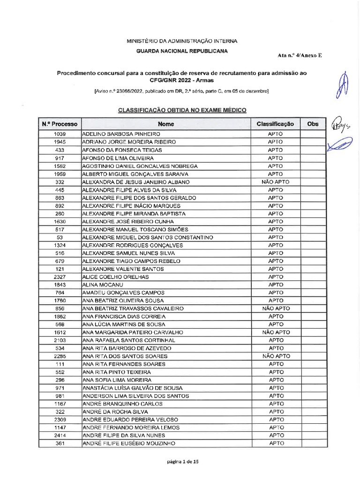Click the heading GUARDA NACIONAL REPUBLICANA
(x=182, y=51)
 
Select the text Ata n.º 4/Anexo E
(x=300, y=55)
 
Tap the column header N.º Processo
(x=60, y=124)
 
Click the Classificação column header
(x=275, y=124)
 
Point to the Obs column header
(x=312, y=124)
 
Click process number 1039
(x=60, y=134)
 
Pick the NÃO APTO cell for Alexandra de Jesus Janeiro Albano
(x=276, y=182)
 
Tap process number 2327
(x=60, y=277)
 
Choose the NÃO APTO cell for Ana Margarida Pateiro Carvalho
(x=276, y=332)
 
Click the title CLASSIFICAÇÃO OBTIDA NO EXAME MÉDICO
(x=182, y=110)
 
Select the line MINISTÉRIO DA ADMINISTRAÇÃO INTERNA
(x=182, y=41)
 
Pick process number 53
(x=60, y=237)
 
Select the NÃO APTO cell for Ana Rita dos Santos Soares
(x=276, y=356)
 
